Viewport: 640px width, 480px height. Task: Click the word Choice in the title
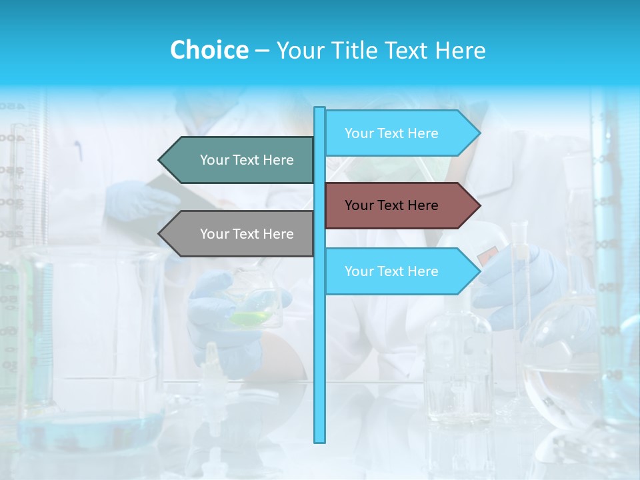click(x=209, y=50)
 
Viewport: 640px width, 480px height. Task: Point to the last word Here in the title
click(x=460, y=50)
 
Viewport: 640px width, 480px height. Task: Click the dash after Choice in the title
click(x=262, y=51)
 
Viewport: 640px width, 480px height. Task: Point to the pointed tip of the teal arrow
click(x=160, y=160)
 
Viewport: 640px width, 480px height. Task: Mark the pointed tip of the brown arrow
click(x=479, y=205)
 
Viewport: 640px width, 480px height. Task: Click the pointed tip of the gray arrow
click(x=160, y=234)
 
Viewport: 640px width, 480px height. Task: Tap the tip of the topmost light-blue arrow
click(x=479, y=133)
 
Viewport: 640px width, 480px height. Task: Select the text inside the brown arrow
click(x=391, y=205)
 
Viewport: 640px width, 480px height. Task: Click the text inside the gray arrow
click(x=247, y=234)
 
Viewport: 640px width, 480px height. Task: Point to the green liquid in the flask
click(x=250, y=319)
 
